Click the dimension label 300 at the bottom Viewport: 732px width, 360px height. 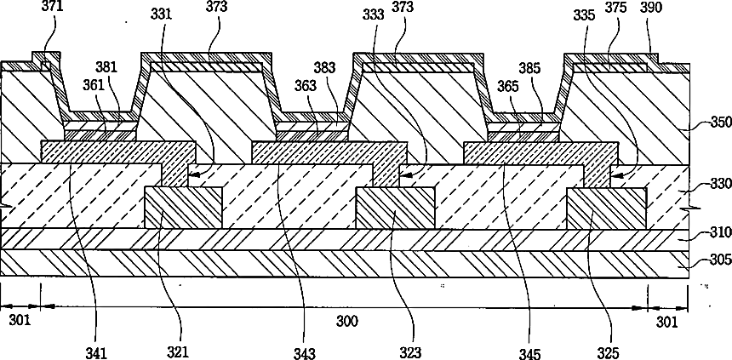(x=347, y=322)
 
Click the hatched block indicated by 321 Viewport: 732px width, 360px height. (x=183, y=208)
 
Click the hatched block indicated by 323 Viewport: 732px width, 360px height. (x=394, y=208)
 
